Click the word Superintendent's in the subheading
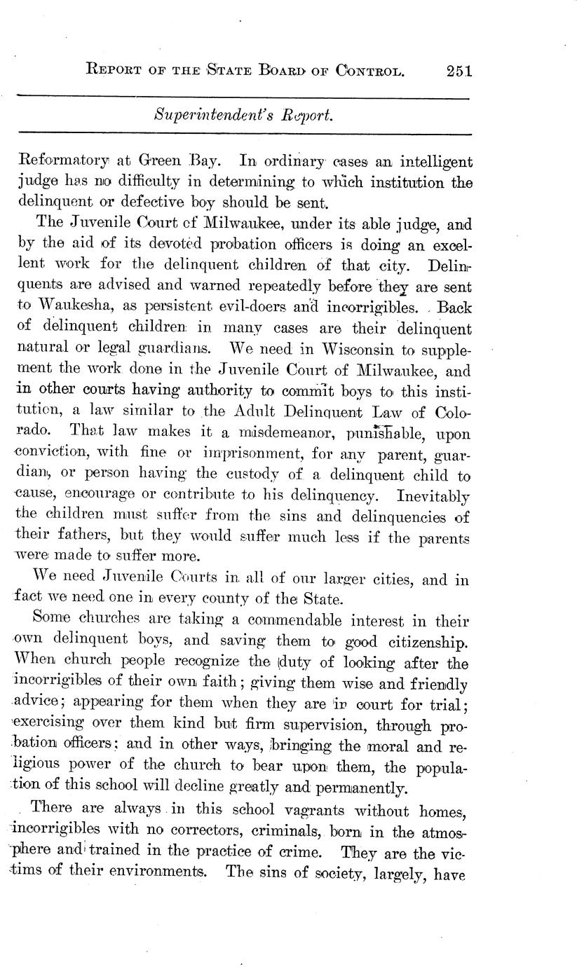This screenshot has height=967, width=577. pos(202,115)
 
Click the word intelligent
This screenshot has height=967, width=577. pos(431,162)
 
